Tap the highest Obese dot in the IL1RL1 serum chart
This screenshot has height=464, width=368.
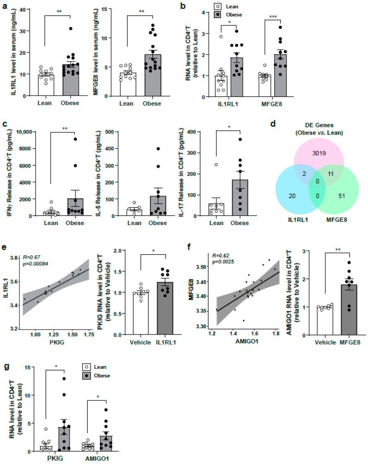point(71,29)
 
